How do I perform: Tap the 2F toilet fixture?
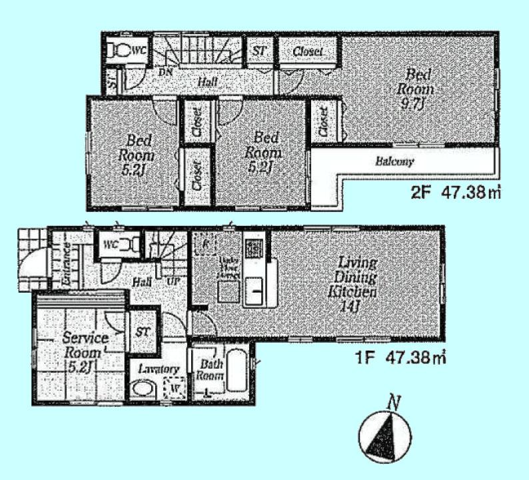(x=120, y=50)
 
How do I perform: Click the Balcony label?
(x=394, y=161)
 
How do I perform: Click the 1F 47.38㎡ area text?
(x=400, y=358)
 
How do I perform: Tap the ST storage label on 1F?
(x=143, y=331)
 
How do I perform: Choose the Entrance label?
(x=67, y=264)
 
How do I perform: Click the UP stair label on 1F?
(x=173, y=281)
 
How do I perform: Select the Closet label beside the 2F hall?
(x=306, y=51)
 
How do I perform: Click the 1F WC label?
(x=110, y=244)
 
